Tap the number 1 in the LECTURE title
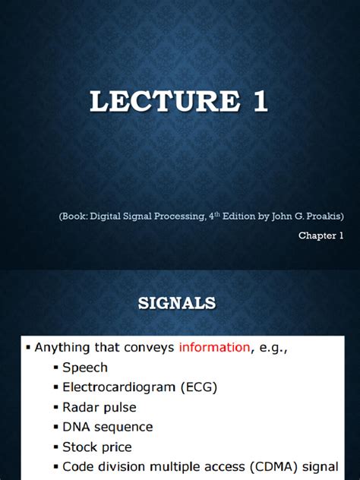pyautogui.click(x=261, y=101)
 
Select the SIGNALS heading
pyautogui.click(x=178, y=304)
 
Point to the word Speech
pyautogui.click(x=85, y=368)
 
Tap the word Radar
pyautogui.click(x=81, y=407)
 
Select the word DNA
pyautogui.click(x=77, y=427)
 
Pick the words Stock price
pyautogui.click(x=97, y=447)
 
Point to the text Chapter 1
pyautogui.click(x=321, y=235)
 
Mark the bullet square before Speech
pyautogui.click(x=56, y=368)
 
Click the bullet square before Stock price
pyautogui.click(x=56, y=447)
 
